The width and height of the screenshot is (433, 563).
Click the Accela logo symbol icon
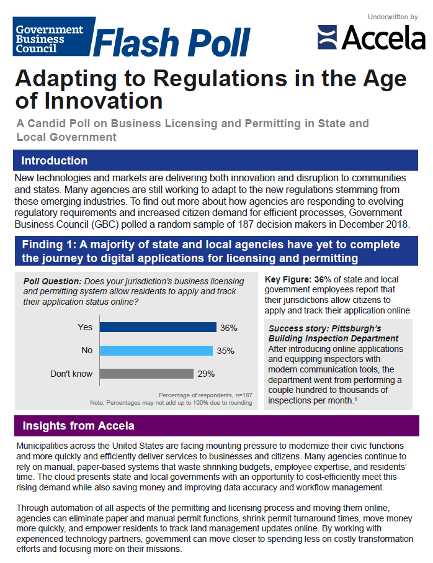327,37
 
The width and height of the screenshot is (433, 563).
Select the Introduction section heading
55,161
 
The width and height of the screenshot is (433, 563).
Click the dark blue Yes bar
158,327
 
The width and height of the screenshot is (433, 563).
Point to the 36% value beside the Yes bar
228,327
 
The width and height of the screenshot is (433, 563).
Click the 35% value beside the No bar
225,351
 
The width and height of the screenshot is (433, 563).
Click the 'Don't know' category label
71,374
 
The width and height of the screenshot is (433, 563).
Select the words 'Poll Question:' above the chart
52,281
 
